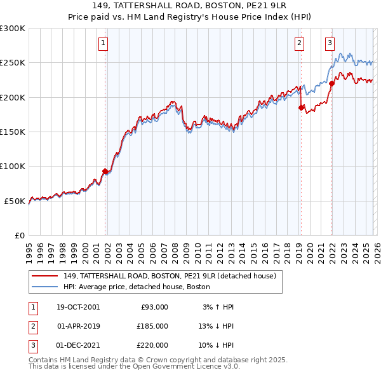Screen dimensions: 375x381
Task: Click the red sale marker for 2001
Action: (105, 171)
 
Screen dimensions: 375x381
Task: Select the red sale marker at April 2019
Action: (301, 107)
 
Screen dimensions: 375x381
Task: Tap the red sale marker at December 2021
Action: (331, 83)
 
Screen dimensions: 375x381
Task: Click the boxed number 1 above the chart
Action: (103, 43)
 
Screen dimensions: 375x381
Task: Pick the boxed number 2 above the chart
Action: (299, 43)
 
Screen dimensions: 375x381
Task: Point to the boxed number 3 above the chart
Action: (330, 43)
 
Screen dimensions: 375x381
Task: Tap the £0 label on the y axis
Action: (19, 235)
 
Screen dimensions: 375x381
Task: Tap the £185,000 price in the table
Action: (152, 326)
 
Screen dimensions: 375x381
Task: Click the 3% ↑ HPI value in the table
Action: (218, 307)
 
